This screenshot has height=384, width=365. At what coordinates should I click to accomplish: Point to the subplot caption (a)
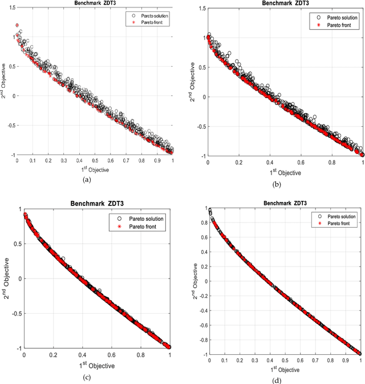pyautogui.click(x=87, y=179)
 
